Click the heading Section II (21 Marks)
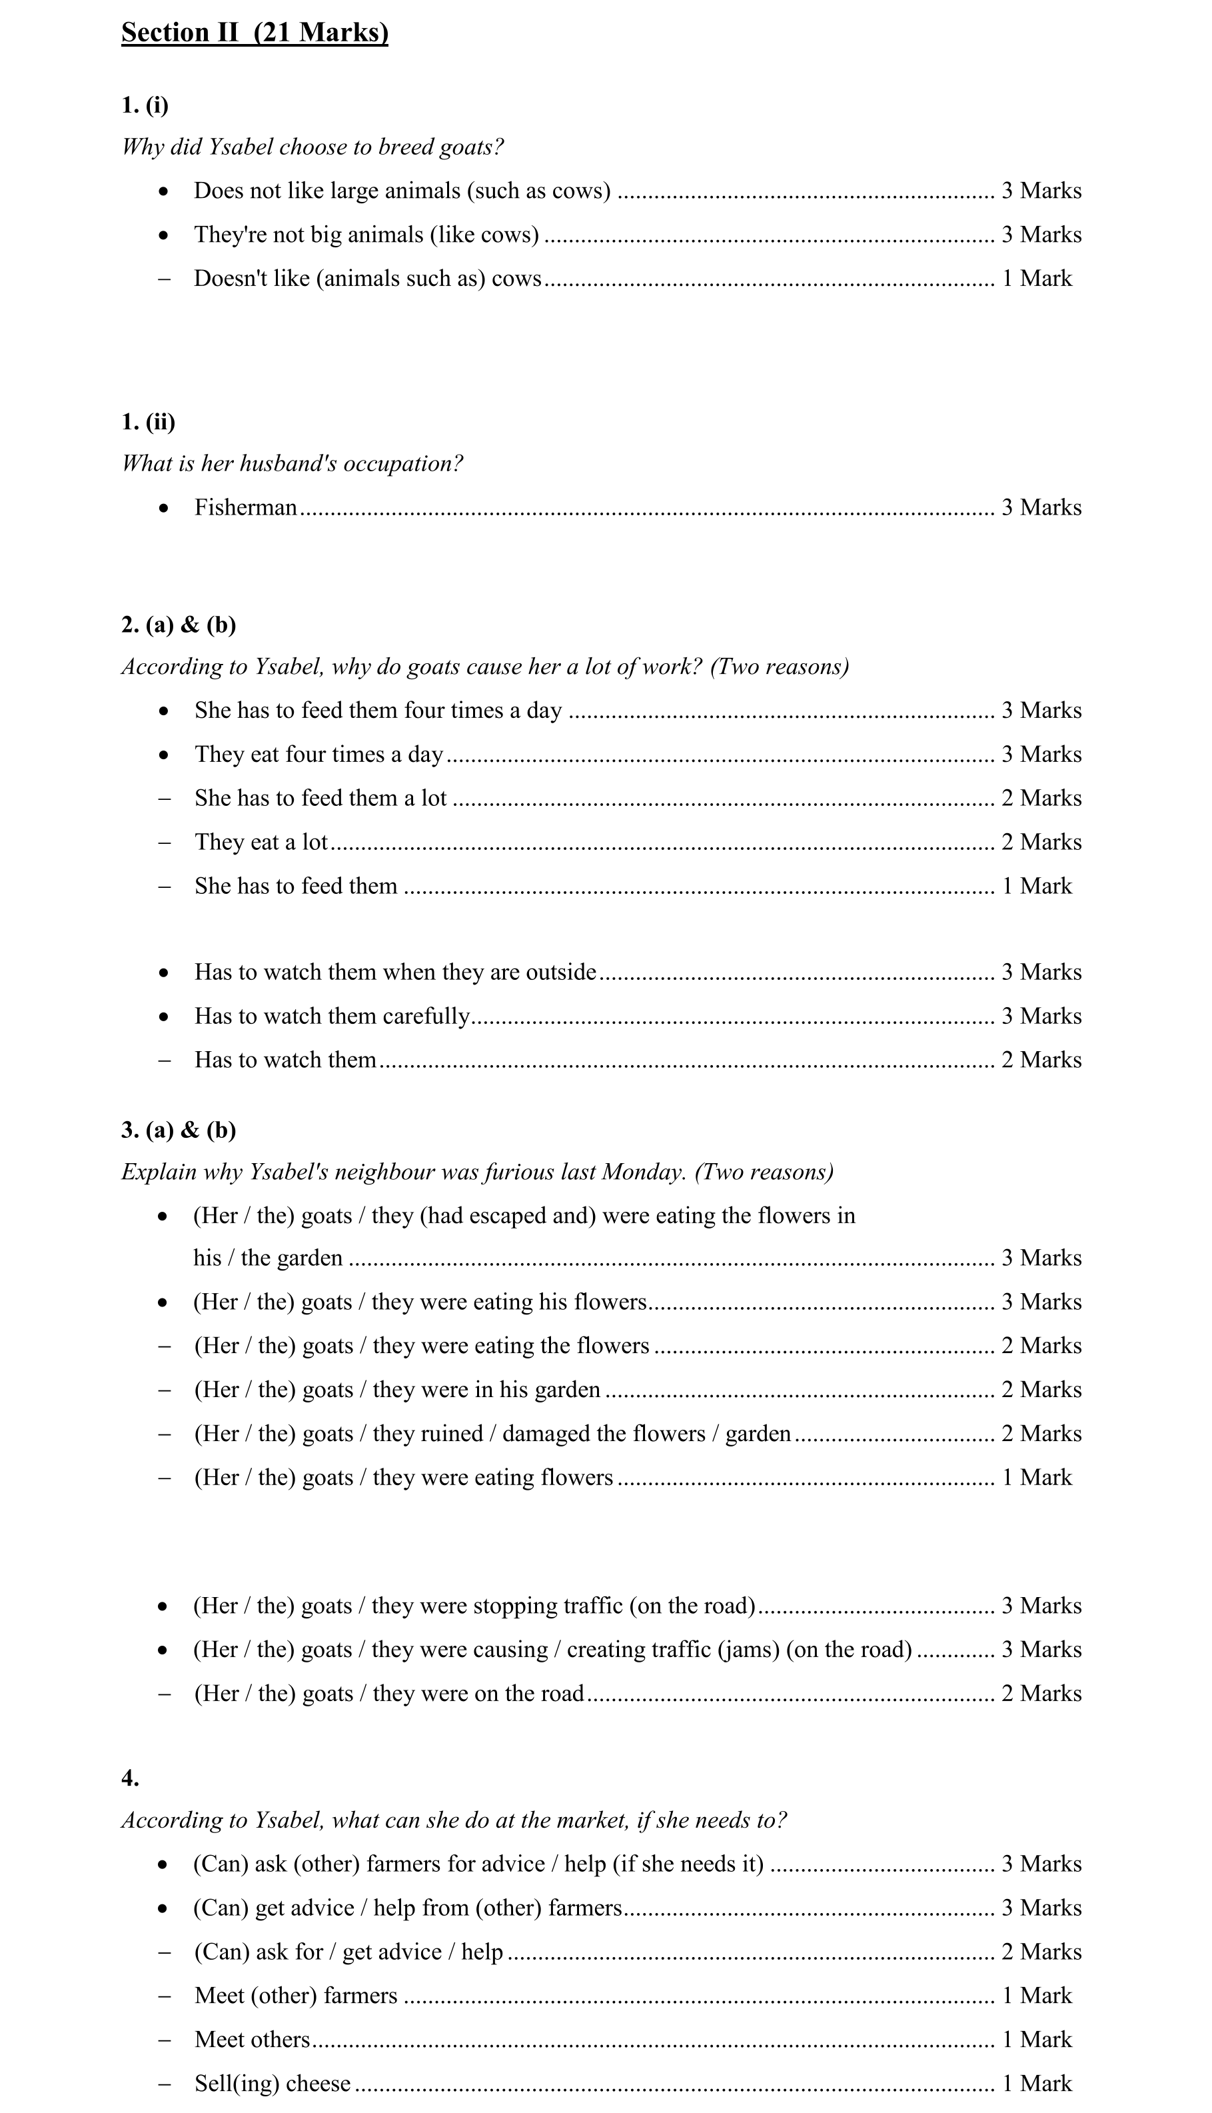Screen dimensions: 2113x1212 coord(255,33)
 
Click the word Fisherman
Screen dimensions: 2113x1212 coord(246,507)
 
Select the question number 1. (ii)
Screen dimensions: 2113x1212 coord(148,421)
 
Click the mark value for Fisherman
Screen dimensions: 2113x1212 coord(1041,507)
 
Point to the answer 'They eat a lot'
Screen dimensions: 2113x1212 coord(261,842)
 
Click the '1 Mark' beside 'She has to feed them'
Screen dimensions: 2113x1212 coord(1036,886)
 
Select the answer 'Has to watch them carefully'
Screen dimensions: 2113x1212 coord(332,1016)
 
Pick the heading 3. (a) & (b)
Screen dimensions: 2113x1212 coord(178,1130)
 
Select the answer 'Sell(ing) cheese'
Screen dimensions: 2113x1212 coord(273,2083)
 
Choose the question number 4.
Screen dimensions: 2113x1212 coord(130,1778)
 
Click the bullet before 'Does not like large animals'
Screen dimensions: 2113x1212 coord(163,191)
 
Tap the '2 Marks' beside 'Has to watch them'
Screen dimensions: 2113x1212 coord(1041,1060)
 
